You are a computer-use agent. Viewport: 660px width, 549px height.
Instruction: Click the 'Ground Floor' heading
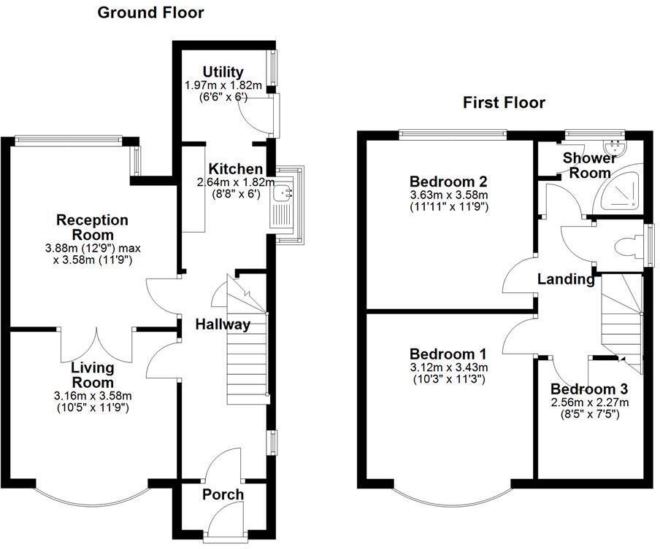tap(150, 12)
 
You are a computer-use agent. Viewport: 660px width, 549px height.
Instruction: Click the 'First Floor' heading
tap(504, 103)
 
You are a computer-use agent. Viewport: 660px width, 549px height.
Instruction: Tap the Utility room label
tap(223, 72)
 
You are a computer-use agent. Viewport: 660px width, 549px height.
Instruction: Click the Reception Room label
tap(92, 227)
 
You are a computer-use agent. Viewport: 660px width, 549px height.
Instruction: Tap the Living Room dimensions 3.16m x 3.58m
tap(92, 396)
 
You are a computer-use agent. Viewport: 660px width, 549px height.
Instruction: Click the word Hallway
tap(223, 324)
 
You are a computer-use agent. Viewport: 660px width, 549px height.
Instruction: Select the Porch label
tap(223, 494)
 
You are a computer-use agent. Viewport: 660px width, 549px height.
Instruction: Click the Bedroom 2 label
tap(449, 182)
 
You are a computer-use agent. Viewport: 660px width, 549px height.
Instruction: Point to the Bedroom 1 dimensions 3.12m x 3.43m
tap(449, 367)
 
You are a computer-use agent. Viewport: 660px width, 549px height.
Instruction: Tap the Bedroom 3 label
tap(589, 389)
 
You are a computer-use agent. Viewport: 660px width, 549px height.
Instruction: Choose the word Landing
tap(566, 279)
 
